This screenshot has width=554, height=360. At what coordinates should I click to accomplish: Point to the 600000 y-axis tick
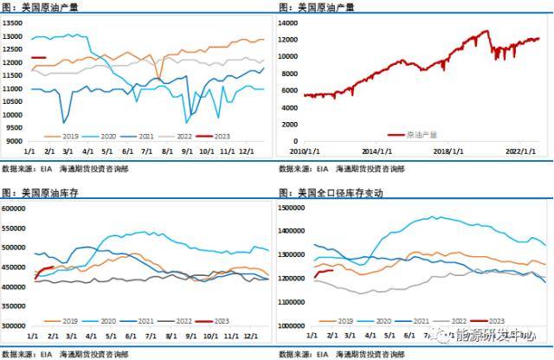[x=15, y=208]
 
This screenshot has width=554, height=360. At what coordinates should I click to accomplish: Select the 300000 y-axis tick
[x=15, y=326]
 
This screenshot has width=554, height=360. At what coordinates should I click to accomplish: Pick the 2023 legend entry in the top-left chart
[x=216, y=136]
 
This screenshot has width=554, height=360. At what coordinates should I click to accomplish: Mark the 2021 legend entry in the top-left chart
[x=134, y=136]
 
